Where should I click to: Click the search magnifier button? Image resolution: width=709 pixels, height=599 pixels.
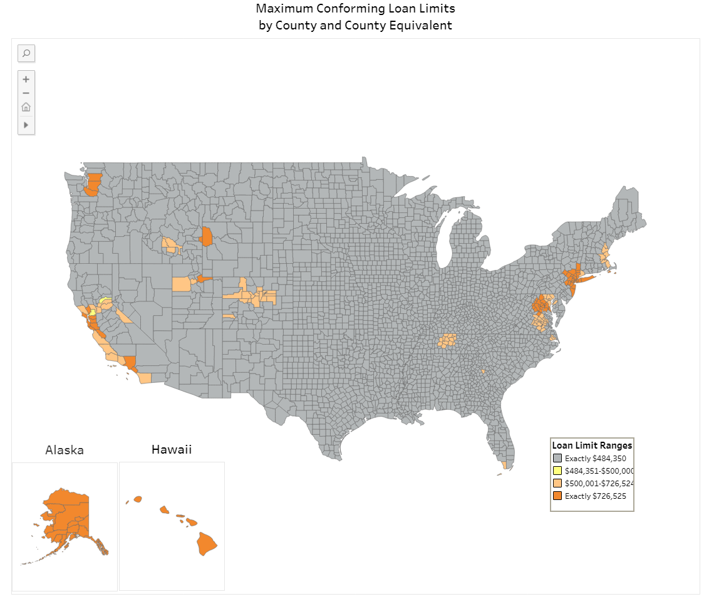click(26, 53)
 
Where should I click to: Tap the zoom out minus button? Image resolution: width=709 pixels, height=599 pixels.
click(26, 93)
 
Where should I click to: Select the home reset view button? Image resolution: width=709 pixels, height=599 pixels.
click(26, 107)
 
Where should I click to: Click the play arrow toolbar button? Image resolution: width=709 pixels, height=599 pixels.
click(26, 125)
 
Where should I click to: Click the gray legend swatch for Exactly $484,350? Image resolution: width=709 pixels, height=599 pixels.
click(557, 459)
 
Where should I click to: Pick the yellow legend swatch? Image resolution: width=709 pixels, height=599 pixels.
click(557, 471)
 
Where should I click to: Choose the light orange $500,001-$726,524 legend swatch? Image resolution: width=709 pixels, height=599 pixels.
click(557, 484)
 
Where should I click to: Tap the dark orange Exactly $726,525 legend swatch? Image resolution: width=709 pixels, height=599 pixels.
click(557, 496)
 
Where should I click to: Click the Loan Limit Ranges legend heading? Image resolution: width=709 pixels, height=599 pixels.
click(592, 445)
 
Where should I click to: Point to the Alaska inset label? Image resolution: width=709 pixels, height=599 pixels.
click(65, 450)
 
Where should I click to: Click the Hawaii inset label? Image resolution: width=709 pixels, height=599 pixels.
click(172, 449)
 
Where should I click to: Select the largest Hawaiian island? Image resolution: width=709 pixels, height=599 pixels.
click(207, 543)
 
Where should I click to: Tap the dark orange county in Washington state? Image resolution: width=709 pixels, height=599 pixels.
click(93, 185)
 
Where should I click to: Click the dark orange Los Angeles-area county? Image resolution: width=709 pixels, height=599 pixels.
click(130, 362)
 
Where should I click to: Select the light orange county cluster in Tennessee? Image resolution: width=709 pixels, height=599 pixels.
click(447, 341)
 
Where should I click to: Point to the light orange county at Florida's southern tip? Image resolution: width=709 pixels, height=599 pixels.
click(504, 466)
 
